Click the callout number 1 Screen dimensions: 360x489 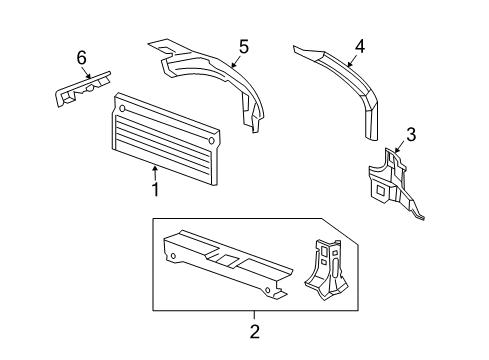tap(155, 188)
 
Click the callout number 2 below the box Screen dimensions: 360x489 tap(254, 330)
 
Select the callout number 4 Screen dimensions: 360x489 tap(360, 44)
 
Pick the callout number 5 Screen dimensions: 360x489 tap(242, 45)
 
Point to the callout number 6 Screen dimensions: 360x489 tap(83, 57)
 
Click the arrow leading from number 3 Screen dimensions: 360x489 tap(400, 147)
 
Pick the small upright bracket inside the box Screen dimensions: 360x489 tap(326, 270)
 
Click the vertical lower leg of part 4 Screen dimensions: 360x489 tap(372, 118)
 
